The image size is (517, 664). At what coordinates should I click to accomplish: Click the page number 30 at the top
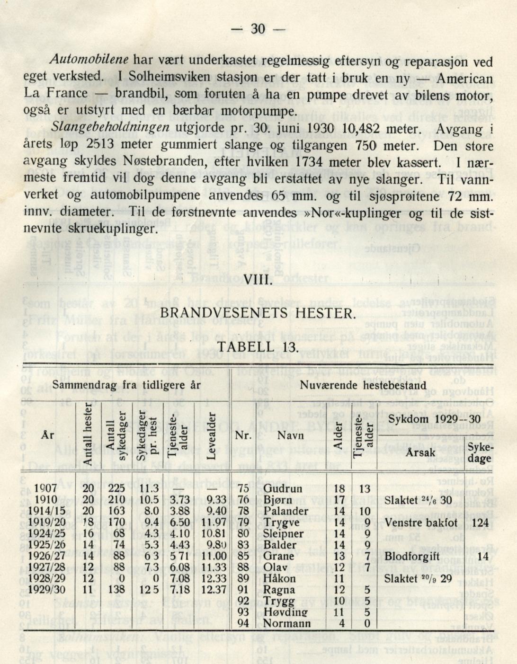click(x=258, y=29)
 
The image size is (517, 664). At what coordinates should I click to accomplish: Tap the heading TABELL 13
click(x=258, y=347)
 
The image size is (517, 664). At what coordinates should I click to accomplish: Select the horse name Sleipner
click(x=284, y=534)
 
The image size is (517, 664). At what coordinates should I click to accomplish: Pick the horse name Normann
click(x=287, y=623)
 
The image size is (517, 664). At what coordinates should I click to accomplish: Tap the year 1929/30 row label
click(x=46, y=590)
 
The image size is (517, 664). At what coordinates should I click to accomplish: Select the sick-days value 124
click(x=482, y=522)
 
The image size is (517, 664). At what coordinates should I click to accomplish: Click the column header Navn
click(x=290, y=434)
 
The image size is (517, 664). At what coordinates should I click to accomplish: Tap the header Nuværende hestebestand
click(x=363, y=385)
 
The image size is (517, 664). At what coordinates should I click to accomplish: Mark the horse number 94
click(x=243, y=623)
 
